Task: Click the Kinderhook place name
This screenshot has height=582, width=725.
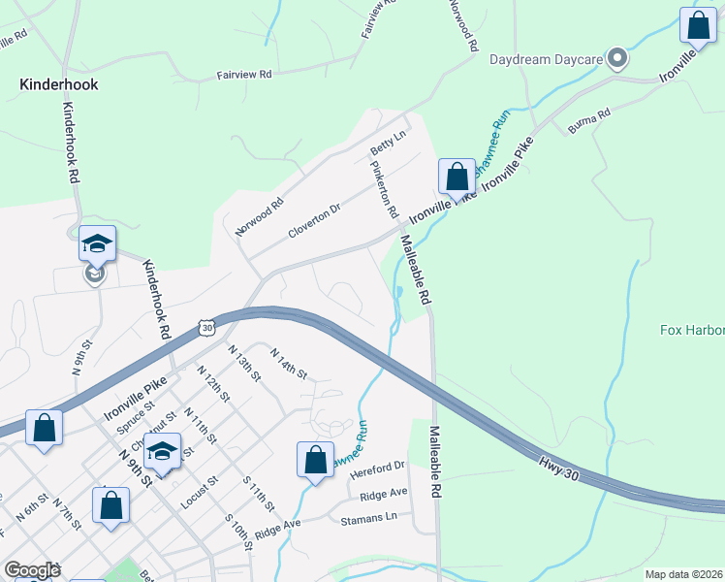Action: point(59,84)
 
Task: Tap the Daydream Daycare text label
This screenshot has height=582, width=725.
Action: point(547,59)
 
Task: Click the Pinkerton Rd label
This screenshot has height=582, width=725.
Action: point(384,188)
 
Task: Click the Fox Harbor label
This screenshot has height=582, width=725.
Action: point(692,330)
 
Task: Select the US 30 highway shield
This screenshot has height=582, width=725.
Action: point(206,328)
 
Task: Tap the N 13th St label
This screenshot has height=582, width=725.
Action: point(244,361)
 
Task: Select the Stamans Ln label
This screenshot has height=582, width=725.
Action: point(369,519)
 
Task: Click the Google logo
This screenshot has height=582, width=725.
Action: point(32,570)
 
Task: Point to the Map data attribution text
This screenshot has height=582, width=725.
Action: point(684,574)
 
